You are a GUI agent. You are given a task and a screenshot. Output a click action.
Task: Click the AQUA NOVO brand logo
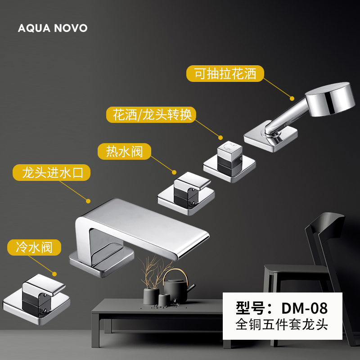click(53, 28)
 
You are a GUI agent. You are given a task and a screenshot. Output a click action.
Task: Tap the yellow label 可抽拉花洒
click(225, 73)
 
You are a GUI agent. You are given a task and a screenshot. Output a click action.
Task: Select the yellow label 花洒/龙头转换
click(152, 115)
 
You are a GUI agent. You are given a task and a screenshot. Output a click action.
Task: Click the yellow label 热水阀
click(124, 151)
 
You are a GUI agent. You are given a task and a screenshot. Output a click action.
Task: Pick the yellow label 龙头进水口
click(50, 172)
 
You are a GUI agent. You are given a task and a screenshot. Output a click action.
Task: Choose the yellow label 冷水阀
click(34, 247)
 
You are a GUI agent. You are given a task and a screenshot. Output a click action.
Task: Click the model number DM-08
click(282, 308)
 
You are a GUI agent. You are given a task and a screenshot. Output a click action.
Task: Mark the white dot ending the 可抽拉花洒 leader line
click(292, 97)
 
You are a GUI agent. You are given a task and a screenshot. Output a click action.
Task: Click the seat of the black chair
click(292, 270)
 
